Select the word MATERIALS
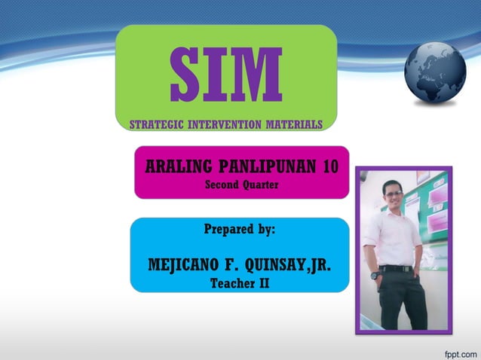(x=295, y=124)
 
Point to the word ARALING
(x=173, y=166)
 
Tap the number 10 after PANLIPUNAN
(x=329, y=166)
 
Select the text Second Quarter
(x=242, y=185)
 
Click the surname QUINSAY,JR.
(x=290, y=265)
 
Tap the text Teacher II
(x=240, y=284)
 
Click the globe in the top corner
(x=435, y=72)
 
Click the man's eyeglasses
(x=394, y=194)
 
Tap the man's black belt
(x=397, y=268)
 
